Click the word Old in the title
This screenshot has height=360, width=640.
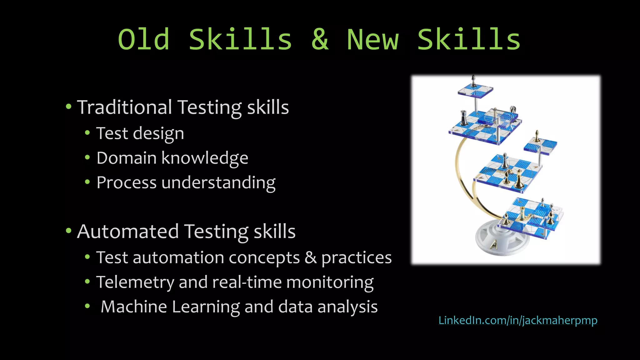144,39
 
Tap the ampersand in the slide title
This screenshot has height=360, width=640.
320,39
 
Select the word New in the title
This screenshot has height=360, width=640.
373,39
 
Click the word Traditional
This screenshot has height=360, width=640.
124,107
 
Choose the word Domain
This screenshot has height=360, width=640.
126,158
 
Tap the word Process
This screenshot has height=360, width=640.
126,182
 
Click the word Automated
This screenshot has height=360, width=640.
128,231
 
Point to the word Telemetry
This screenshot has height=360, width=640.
135,282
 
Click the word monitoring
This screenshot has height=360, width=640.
330,282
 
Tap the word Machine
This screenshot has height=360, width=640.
134,307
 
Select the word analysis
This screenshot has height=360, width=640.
347,307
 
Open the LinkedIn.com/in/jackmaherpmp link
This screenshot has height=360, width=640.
518,320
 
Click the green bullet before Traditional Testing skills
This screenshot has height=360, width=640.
68,107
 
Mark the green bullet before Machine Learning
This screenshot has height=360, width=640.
87,306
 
